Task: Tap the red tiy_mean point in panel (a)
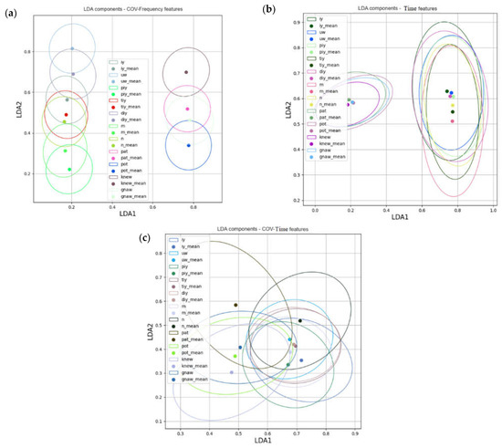click(66, 115)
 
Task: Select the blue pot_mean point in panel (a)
click(188, 145)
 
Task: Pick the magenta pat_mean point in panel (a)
click(187, 109)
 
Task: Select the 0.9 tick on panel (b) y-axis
click(299, 20)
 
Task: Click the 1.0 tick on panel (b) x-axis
click(492, 211)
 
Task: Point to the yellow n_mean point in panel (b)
click(453, 105)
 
